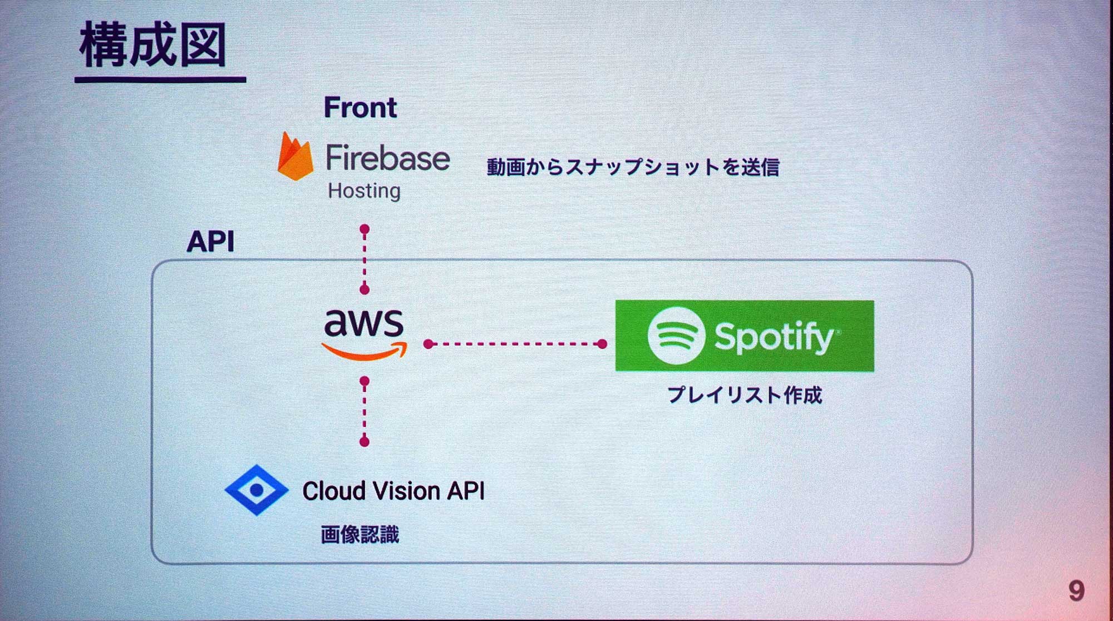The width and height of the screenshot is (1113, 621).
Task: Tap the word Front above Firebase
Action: [360, 107]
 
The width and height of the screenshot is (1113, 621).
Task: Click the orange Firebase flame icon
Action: [295, 157]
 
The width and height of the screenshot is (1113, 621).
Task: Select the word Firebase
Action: [388, 158]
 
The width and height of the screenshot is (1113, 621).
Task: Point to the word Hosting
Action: [364, 191]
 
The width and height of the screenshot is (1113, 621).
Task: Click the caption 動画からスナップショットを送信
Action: [633, 167]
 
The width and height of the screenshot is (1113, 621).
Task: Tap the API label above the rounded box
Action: [210, 241]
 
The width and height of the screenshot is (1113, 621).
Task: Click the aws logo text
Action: [364, 323]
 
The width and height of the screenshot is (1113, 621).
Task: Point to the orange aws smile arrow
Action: [365, 352]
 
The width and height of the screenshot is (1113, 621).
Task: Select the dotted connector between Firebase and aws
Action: [365, 259]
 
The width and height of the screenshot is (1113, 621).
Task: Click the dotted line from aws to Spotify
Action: [515, 344]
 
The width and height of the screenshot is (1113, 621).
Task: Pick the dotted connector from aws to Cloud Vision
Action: [365, 411]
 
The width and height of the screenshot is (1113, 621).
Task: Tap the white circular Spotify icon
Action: [676, 336]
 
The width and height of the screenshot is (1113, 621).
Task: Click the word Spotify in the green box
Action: [774, 337]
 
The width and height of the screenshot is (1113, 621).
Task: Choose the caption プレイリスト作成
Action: [745, 395]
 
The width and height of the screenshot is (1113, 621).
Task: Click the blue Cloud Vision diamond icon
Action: [257, 490]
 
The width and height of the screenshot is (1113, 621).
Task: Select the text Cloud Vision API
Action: [393, 491]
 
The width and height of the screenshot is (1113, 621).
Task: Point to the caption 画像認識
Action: [360, 535]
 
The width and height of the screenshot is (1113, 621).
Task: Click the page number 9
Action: [1076, 590]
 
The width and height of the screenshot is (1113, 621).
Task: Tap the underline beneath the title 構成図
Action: [160, 80]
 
